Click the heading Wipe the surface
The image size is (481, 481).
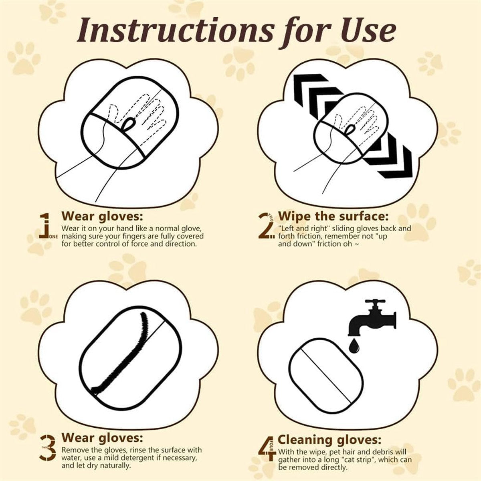coord(333,216)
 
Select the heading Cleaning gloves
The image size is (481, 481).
coord(329,440)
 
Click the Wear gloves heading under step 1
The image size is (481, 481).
coord(102,216)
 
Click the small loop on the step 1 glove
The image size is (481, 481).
coord(128,123)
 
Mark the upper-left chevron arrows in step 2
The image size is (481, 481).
coord(317,92)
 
